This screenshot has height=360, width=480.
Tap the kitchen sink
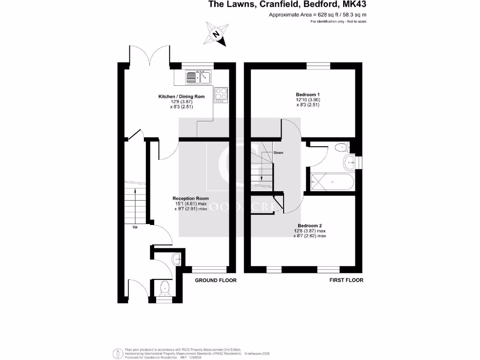click(199, 76)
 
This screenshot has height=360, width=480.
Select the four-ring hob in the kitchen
click(221, 95)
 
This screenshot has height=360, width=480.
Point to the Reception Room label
click(190, 198)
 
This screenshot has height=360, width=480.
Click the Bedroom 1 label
click(301, 94)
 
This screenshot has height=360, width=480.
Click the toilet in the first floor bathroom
click(342, 148)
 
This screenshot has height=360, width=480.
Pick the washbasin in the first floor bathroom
click(350, 163)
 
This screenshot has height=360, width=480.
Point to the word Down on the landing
click(278, 153)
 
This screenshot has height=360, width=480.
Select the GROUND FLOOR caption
click(216, 280)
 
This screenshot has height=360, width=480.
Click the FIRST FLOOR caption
click(346, 280)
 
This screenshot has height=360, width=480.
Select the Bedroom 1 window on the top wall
click(319, 66)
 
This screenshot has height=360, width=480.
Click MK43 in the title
click(354, 5)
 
